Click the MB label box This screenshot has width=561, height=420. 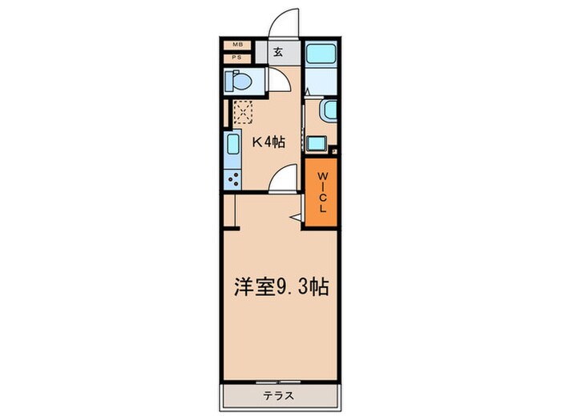point(238,46)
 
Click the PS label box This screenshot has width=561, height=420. point(238,58)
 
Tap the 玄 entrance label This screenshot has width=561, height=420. point(277,52)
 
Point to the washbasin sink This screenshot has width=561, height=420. point(326,112)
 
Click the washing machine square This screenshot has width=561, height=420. point(315,145)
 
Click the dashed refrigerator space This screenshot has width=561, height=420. point(242,112)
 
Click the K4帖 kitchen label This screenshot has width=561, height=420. point(268,143)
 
